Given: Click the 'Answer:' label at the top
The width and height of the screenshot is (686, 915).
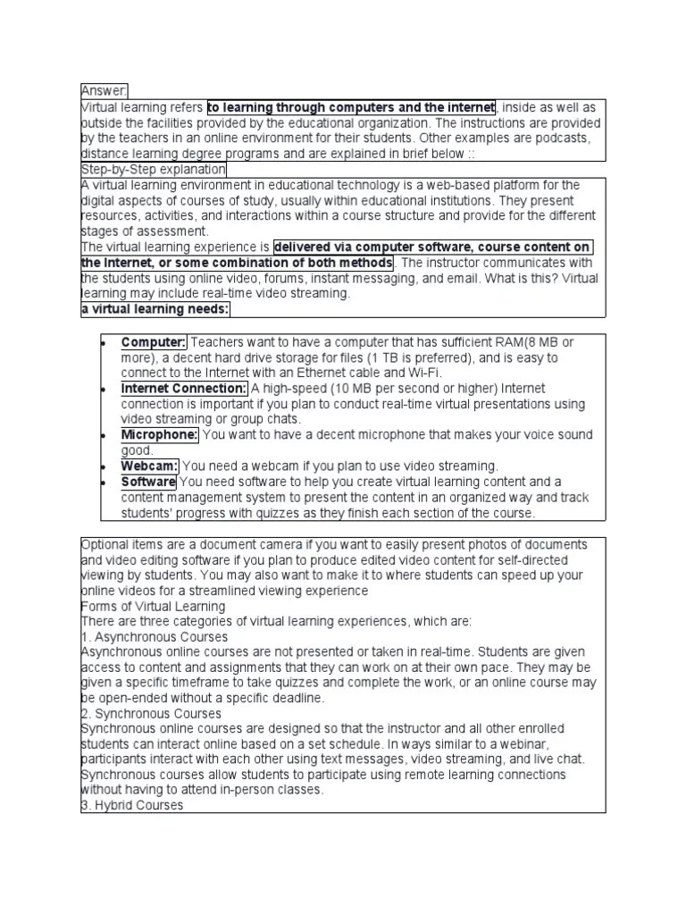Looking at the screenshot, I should pyautogui.click(x=105, y=90).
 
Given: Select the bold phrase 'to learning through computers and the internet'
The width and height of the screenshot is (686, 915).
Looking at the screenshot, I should pyautogui.click(x=351, y=107).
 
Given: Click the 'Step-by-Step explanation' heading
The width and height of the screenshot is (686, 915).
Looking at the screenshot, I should pyautogui.click(x=153, y=169).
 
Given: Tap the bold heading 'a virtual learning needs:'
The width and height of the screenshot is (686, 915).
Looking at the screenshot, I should pyautogui.click(x=155, y=308).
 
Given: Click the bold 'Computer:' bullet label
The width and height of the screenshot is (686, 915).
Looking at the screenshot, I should pyautogui.click(x=154, y=342).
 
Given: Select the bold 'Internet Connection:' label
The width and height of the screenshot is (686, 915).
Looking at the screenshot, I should pyautogui.click(x=184, y=389).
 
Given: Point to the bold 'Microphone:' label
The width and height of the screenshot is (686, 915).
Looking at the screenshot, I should pyautogui.click(x=160, y=434).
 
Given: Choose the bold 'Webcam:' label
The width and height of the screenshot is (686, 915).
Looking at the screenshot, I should pyautogui.click(x=150, y=466).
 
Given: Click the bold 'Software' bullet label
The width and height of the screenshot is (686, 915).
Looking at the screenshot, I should pyautogui.click(x=148, y=482).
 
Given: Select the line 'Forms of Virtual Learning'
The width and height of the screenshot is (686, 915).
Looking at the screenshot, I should pyautogui.click(x=153, y=607).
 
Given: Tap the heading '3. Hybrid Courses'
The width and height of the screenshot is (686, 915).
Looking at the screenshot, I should pyautogui.click(x=132, y=805).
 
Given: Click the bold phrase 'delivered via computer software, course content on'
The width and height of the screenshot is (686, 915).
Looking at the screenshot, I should pyautogui.click(x=432, y=247).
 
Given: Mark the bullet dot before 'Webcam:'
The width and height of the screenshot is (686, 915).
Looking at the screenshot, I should pyautogui.click(x=104, y=466).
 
